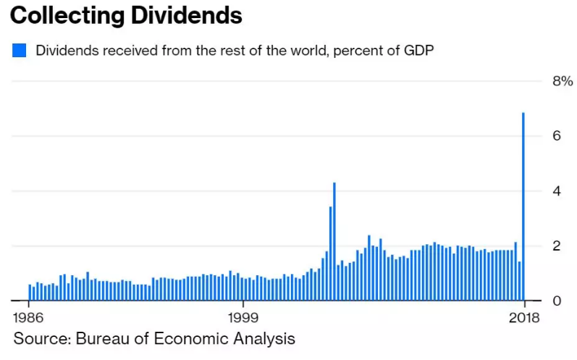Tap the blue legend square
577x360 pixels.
[20, 51]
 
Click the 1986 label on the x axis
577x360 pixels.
[28, 318]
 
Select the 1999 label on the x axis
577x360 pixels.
[243, 318]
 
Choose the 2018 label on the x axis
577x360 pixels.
[523, 318]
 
